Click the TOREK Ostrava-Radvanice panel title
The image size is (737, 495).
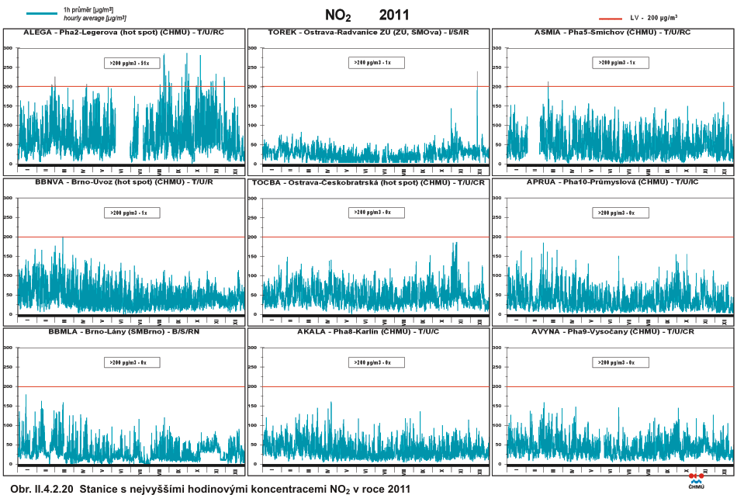pyautogui.click(x=368, y=33)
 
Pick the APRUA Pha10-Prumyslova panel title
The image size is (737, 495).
pyautogui.click(x=613, y=182)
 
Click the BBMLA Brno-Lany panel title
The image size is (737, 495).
pyautogui.click(x=124, y=331)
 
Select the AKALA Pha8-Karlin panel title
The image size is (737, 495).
pyautogui.click(x=369, y=331)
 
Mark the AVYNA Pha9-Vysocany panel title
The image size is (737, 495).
pyautogui.click(x=613, y=331)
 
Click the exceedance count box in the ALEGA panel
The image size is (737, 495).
pyautogui.click(x=133, y=63)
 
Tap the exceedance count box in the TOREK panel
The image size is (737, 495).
pyautogui.click(x=375, y=62)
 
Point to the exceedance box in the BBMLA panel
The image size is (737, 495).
pyautogui.click(x=133, y=362)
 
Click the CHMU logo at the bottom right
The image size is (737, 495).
pyautogui.click(x=696, y=481)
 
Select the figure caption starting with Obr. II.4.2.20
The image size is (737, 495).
pyautogui.click(x=206, y=489)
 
